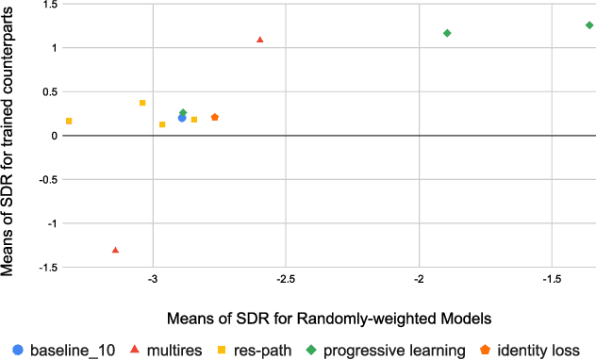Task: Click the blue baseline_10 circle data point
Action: click(x=182, y=118)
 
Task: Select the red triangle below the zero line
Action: click(x=115, y=250)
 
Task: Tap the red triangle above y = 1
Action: click(x=260, y=40)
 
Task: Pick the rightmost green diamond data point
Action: click(x=589, y=25)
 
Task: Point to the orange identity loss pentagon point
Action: click(x=215, y=117)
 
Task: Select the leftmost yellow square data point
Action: click(x=69, y=122)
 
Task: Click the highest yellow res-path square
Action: click(x=142, y=103)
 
